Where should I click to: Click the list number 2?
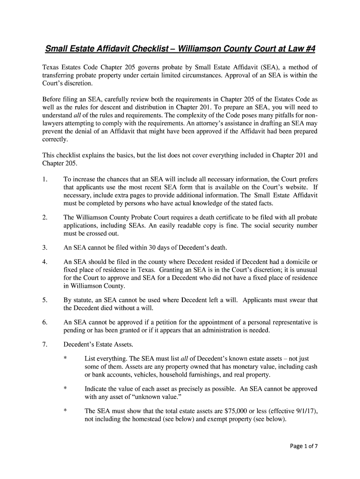click(x=44, y=218)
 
